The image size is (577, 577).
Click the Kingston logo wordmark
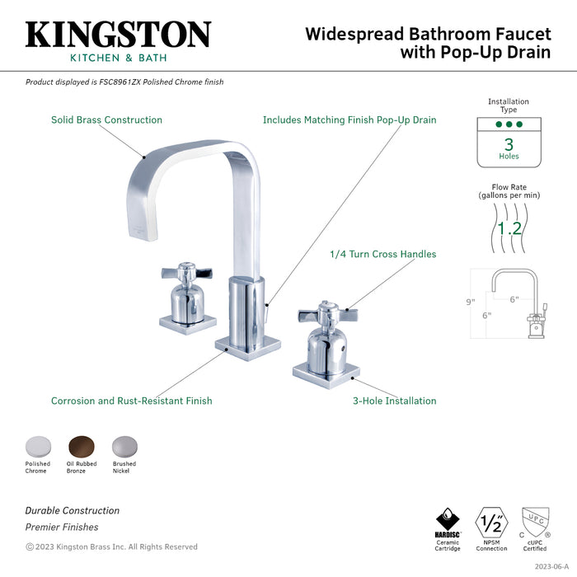pos(118,35)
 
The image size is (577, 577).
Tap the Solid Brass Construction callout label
pos(106,120)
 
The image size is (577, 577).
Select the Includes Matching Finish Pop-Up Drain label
pos(349,120)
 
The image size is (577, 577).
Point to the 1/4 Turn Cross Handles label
pos(382,254)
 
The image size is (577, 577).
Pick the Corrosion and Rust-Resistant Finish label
pos(131,401)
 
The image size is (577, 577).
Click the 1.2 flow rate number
pos(508,228)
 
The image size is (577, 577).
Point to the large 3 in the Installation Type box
pos(509,144)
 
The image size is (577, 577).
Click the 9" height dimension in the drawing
pos(471,302)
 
